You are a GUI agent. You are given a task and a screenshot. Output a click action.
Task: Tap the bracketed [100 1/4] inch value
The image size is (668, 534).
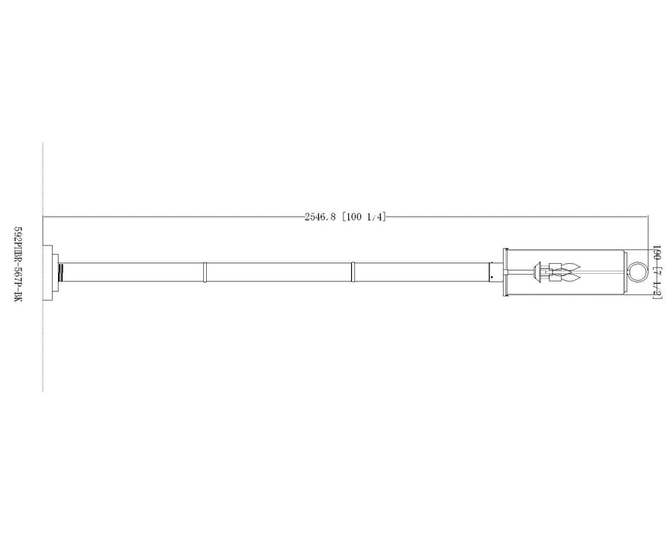click(365, 217)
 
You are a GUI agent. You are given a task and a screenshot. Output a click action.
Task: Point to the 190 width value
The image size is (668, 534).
click(655, 255)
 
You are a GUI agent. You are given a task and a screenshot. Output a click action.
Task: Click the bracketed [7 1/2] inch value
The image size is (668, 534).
click(655, 280)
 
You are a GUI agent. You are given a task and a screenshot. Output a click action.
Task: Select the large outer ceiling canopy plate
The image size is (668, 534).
click(48, 272)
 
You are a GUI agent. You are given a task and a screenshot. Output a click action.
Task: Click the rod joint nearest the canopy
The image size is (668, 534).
click(205, 272)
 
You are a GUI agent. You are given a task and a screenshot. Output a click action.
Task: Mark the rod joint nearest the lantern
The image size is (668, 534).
click(353, 272)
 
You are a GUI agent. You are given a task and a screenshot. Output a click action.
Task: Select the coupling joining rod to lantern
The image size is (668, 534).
click(494, 272)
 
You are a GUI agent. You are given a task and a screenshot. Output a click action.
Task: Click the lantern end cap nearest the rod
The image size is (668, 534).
click(505, 272)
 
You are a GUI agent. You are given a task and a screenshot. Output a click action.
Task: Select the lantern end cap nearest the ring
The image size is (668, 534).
click(623, 272)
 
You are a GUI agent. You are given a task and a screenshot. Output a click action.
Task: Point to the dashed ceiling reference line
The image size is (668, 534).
click(43, 343)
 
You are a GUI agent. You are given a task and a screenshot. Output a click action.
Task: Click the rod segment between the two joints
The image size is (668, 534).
click(279, 272)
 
